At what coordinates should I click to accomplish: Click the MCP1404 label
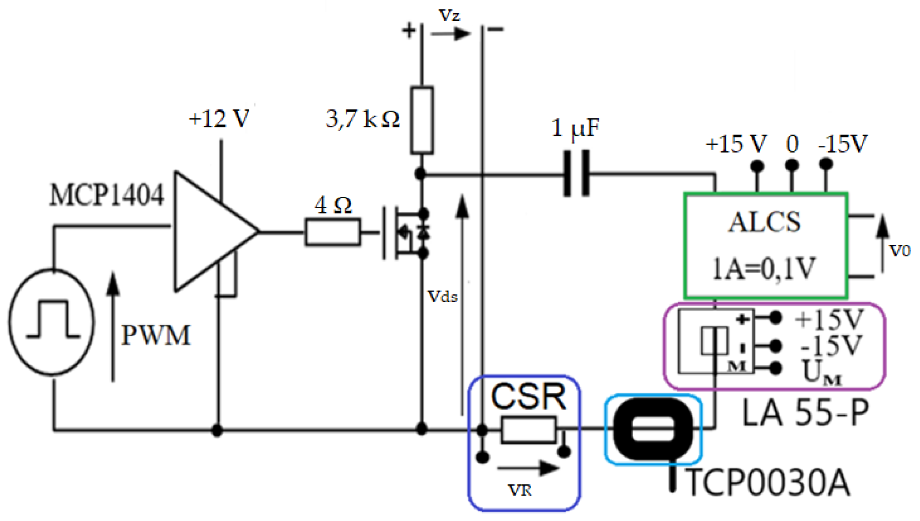tap(106, 195)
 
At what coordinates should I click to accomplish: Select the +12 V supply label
tap(219, 119)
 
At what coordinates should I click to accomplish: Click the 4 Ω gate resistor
tap(333, 232)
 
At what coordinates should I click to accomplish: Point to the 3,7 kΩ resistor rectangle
tap(422, 120)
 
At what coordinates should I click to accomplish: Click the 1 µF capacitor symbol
tap(576, 173)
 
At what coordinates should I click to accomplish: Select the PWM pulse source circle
tap(52, 322)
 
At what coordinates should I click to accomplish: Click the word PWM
tap(155, 335)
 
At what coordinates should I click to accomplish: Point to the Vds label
tap(443, 296)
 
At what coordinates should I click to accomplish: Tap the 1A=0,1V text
tap(764, 268)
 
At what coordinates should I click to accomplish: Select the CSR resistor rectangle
tap(528, 430)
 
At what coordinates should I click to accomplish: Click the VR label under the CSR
tap(520, 490)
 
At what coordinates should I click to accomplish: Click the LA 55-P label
tap(805, 413)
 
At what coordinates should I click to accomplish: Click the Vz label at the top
tap(450, 15)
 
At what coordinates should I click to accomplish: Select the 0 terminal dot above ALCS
tap(792, 165)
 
